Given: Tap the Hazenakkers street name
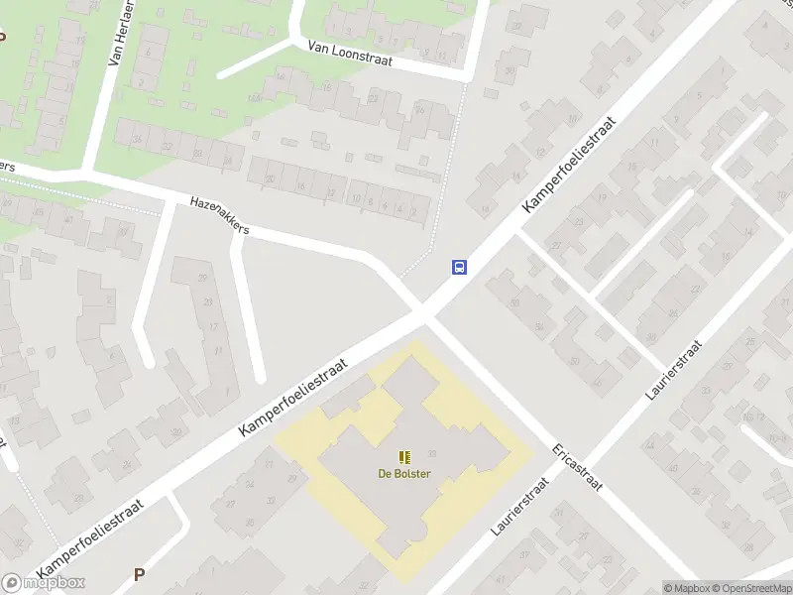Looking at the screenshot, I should pyautogui.click(x=219, y=215).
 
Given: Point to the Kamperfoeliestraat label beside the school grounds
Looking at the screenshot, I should pyautogui.click(x=296, y=398).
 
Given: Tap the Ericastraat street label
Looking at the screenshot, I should pyautogui.click(x=580, y=466).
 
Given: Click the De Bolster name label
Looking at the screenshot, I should pyautogui.click(x=404, y=473).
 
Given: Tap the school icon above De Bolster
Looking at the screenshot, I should pyautogui.click(x=404, y=457).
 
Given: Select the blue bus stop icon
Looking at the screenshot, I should pyautogui.click(x=460, y=267).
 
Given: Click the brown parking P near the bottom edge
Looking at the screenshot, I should pyautogui.click(x=139, y=574).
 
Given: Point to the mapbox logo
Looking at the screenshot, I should pyautogui.click(x=44, y=583).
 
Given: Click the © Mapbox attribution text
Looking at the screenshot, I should pyautogui.click(x=686, y=588).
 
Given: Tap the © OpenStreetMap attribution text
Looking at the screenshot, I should pyautogui.click(x=750, y=588).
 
